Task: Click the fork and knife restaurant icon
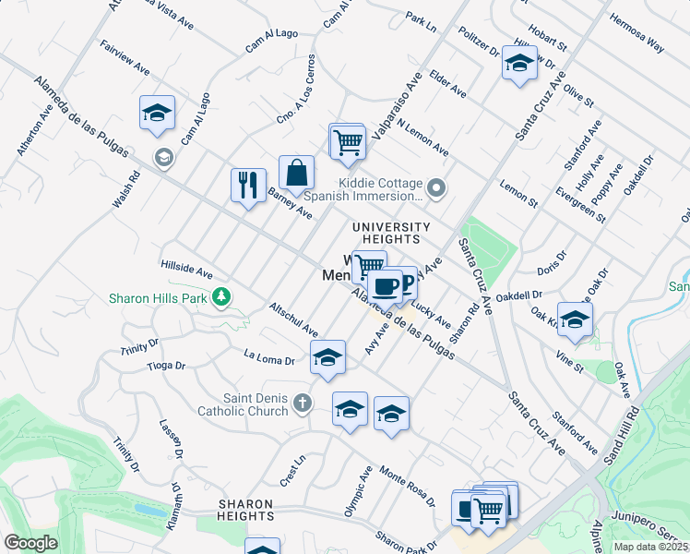pos(248,185)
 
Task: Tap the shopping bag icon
pos(296,172)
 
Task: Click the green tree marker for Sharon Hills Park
pos(220,297)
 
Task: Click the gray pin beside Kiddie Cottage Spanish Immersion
pos(437,189)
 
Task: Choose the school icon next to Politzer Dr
pos(519,65)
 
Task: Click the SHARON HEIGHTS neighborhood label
pos(246,510)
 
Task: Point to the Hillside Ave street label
pos(187,269)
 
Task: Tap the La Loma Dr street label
pos(268,358)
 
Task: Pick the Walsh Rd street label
pos(125,189)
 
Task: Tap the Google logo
pos(30,543)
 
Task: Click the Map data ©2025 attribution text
pos(649,547)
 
